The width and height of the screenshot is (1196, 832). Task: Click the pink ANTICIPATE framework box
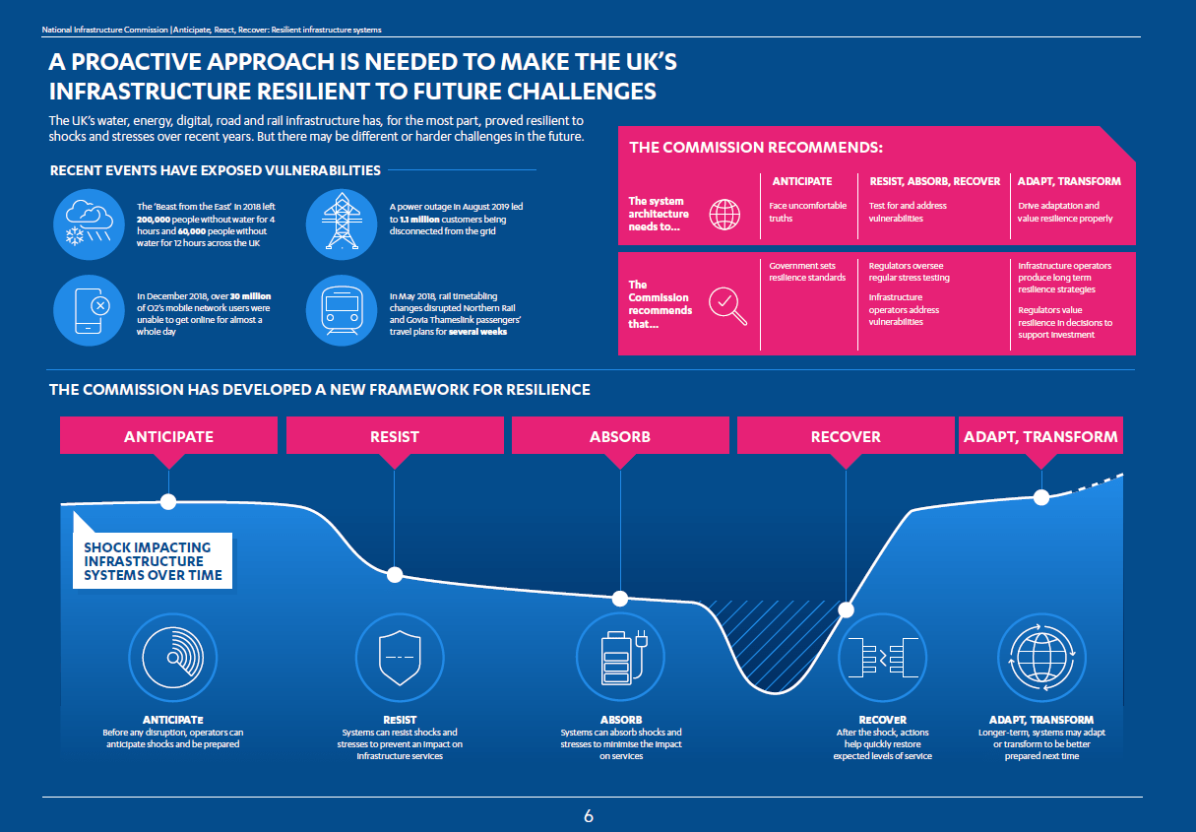pos(168,436)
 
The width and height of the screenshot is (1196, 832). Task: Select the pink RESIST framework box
pos(394,436)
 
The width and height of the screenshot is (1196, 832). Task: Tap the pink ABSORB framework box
pos(619,436)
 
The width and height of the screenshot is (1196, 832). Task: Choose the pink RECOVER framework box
pos(845,436)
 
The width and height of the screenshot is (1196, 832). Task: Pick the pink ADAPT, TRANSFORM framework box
pos(1040,436)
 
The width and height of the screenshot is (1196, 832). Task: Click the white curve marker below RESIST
pos(395,575)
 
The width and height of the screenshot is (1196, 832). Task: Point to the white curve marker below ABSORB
pos(620,599)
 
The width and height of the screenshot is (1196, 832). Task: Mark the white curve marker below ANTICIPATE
pos(168,501)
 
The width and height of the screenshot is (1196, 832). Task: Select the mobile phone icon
pos(88,310)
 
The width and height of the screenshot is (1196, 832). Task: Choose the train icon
pos(342,310)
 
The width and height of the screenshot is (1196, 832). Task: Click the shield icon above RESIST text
pos(395,654)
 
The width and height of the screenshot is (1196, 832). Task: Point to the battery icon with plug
pos(620,654)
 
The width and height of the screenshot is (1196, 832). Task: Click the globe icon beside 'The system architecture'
pos(725,214)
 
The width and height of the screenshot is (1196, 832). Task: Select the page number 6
pos(589,816)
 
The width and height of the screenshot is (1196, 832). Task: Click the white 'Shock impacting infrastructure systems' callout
pos(153,561)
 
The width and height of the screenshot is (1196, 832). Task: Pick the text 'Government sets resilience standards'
pos(807,272)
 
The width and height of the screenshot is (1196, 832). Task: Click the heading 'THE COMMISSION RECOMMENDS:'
pos(756,148)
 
